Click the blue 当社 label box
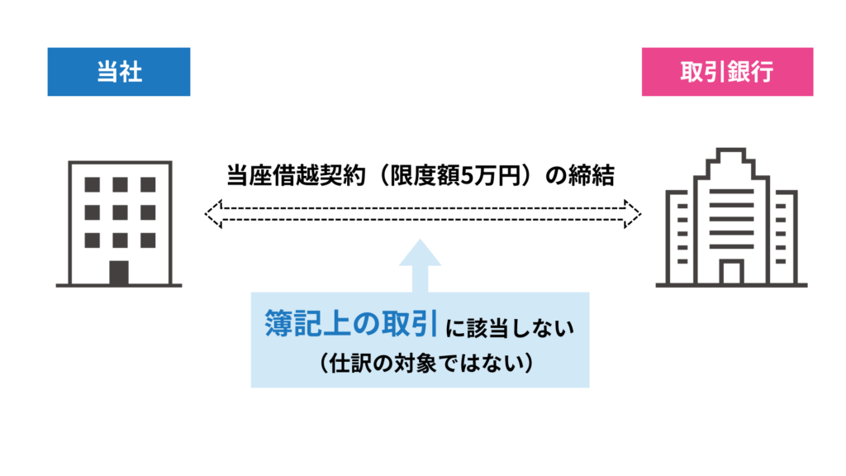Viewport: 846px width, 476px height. point(119,72)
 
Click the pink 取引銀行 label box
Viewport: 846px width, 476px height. point(727,72)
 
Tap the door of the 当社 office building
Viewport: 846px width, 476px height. point(119,272)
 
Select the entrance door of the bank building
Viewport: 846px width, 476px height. point(731,272)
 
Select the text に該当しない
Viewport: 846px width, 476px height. point(508,327)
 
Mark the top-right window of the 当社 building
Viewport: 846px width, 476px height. point(147,184)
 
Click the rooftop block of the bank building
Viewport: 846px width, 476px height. point(731,156)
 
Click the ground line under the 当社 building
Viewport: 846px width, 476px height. point(119,286)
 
